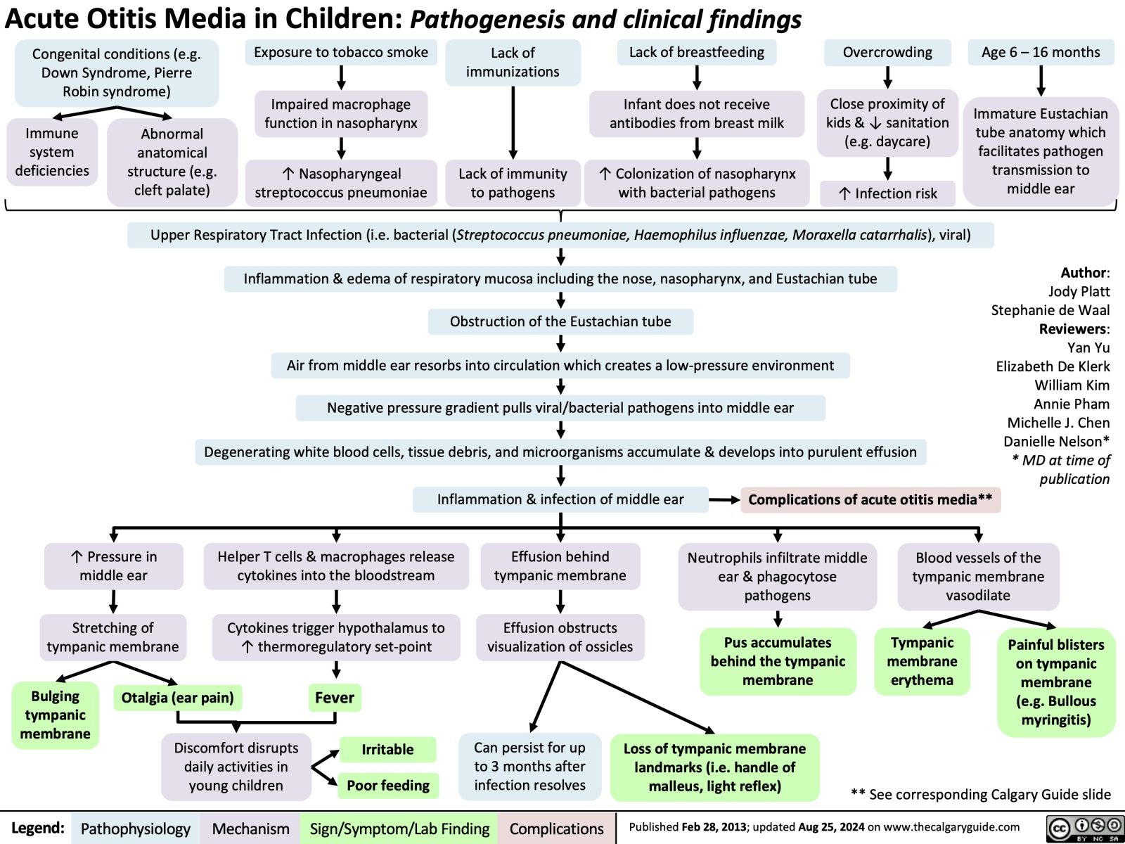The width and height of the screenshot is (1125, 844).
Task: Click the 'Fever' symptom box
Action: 335,698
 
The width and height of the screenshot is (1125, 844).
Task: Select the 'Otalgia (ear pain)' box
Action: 177,698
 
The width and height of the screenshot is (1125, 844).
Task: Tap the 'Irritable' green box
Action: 387,750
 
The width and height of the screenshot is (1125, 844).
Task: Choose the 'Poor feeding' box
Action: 388,786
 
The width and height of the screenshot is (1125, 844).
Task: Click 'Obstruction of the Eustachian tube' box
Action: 560,321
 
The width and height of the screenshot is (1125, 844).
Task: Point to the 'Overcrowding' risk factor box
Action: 887,53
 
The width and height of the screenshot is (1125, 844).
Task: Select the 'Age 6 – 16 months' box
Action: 1041,53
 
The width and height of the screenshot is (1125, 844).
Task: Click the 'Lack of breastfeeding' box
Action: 696,53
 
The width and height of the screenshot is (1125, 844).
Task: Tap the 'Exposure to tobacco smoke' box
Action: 341,53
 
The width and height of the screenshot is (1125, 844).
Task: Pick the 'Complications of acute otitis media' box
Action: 870,500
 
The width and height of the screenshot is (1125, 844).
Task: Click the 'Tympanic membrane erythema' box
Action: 922,661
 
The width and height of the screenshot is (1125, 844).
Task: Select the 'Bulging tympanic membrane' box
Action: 55,715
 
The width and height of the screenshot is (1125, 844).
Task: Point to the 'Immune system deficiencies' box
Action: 52,152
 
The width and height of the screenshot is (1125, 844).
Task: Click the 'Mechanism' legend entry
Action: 250,829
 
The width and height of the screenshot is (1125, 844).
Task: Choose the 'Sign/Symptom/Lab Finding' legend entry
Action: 399,829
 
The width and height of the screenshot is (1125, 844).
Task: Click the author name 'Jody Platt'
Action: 1079,291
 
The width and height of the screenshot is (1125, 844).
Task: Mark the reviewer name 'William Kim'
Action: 1072,385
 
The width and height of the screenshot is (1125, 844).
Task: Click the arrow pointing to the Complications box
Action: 724,500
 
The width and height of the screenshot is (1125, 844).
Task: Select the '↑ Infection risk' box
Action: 887,193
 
